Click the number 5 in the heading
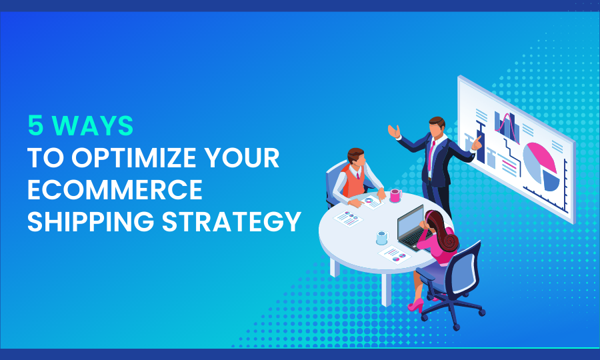pos(35,125)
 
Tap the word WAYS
pos(92,125)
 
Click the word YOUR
pos(242,157)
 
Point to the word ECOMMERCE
pos(115,189)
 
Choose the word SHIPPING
pos(91,221)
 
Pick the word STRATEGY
pos(231,221)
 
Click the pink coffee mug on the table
pos(395,195)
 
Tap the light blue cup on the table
pos(382,237)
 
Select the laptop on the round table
pos(412,229)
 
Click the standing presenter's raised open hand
pos(393,131)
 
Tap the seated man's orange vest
pos(351,181)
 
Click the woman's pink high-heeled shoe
pos(416,305)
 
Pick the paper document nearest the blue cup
pos(395,255)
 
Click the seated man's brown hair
pos(355,154)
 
